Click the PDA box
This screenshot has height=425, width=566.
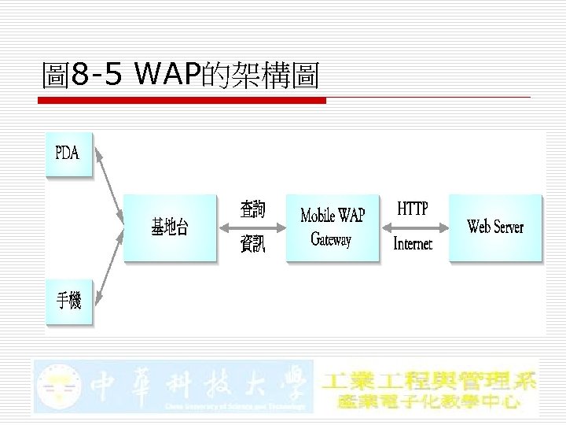pos(68,153)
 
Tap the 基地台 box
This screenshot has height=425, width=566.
pos(170,227)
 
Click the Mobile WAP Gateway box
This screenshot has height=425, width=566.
pos(333,227)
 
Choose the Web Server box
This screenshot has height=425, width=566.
pos(495,227)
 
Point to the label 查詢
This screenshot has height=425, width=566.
pos(252,209)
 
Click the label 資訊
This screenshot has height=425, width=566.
pos(252,245)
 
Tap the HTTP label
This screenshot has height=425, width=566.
pos(413,209)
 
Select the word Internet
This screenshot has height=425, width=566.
pos(413,244)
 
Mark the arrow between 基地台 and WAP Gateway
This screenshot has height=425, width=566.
pos(252,228)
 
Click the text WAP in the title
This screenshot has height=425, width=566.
pos(167,76)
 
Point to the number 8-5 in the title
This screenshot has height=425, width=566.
pos(96,76)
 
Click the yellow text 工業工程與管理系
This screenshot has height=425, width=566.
pos(429,379)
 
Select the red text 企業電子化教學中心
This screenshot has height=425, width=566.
pos(429,401)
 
